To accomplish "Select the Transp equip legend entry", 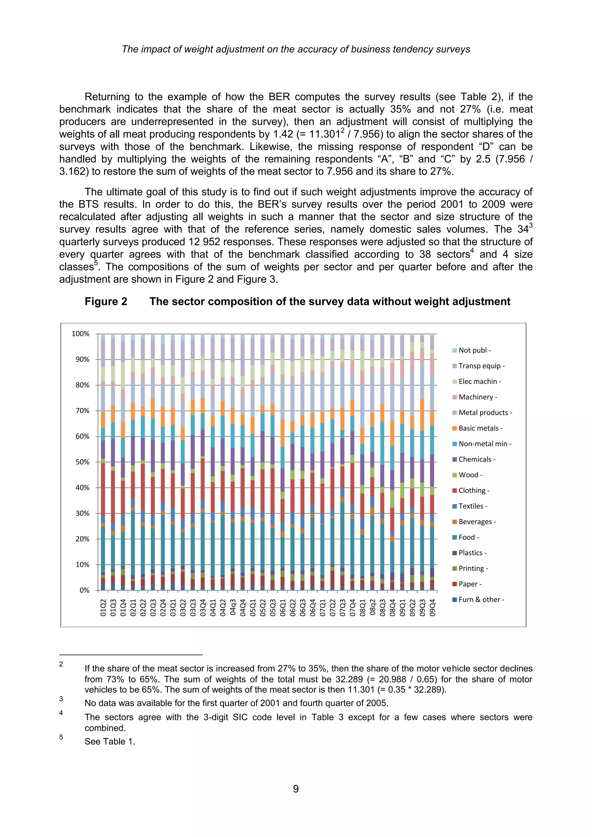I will (x=481, y=366).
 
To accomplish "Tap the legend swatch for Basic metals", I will (x=455, y=428).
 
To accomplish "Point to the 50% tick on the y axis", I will (x=82, y=462).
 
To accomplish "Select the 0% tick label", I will (x=84, y=590).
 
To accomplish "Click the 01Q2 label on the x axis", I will (x=103, y=608).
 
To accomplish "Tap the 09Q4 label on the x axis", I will (x=432, y=608).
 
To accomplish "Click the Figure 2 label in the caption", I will (x=106, y=301).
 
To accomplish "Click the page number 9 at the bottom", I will (x=296, y=789).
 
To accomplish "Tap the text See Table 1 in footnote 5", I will (x=109, y=742).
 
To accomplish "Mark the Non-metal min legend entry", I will (x=484, y=444).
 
